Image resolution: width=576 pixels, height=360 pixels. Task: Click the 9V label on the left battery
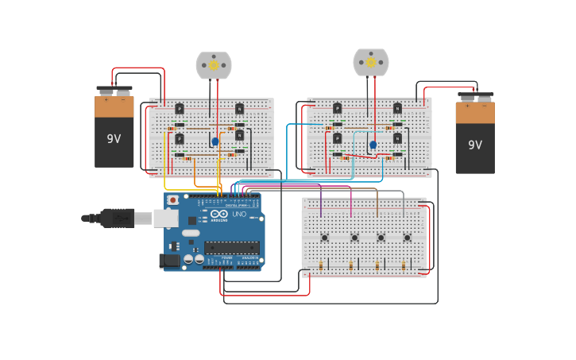click(x=114, y=139)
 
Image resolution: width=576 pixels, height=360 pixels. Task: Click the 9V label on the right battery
click(x=474, y=145)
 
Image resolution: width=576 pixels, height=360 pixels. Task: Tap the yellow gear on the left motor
click(x=214, y=66)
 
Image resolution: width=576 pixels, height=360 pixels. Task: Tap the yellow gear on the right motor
click(x=371, y=62)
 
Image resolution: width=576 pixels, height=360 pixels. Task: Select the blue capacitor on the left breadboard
click(x=215, y=141)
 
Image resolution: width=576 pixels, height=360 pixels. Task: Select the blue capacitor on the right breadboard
click(x=373, y=145)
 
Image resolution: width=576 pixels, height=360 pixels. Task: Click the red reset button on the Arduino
click(x=172, y=200)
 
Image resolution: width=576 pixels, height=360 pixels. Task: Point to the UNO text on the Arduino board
click(x=239, y=214)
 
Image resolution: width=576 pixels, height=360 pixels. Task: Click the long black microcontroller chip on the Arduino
click(x=232, y=247)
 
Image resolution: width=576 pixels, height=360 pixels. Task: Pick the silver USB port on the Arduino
click(x=166, y=218)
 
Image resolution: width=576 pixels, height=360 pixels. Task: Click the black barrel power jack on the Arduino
click(x=169, y=261)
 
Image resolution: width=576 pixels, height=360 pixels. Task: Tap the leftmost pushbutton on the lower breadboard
click(x=324, y=237)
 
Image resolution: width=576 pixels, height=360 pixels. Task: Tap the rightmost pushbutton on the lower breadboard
click(x=407, y=237)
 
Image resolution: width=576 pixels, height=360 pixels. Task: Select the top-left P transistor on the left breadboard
click(x=180, y=109)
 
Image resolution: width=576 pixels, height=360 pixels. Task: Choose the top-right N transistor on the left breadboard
click(x=239, y=109)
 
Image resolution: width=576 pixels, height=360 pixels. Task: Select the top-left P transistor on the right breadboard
click(x=338, y=108)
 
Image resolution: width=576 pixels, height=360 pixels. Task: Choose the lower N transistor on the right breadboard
click(x=397, y=138)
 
